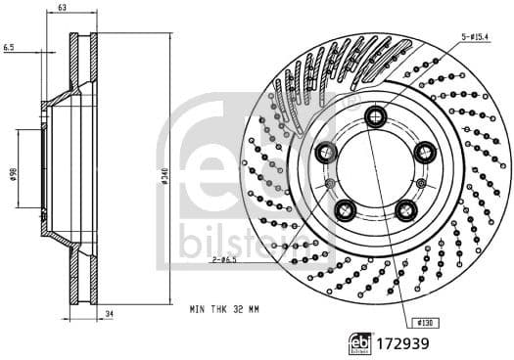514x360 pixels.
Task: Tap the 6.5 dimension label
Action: click(9, 45)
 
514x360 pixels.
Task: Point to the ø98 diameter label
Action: click(13, 173)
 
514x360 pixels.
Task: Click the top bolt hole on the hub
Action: click(375, 116)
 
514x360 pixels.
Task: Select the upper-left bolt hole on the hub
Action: click(326, 152)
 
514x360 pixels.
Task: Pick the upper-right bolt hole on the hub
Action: click(424, 152)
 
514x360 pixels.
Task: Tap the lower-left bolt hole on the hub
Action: click(345, 208)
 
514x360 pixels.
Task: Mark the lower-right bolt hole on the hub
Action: click(405, 208)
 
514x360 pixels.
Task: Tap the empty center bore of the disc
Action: click(375, 171)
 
